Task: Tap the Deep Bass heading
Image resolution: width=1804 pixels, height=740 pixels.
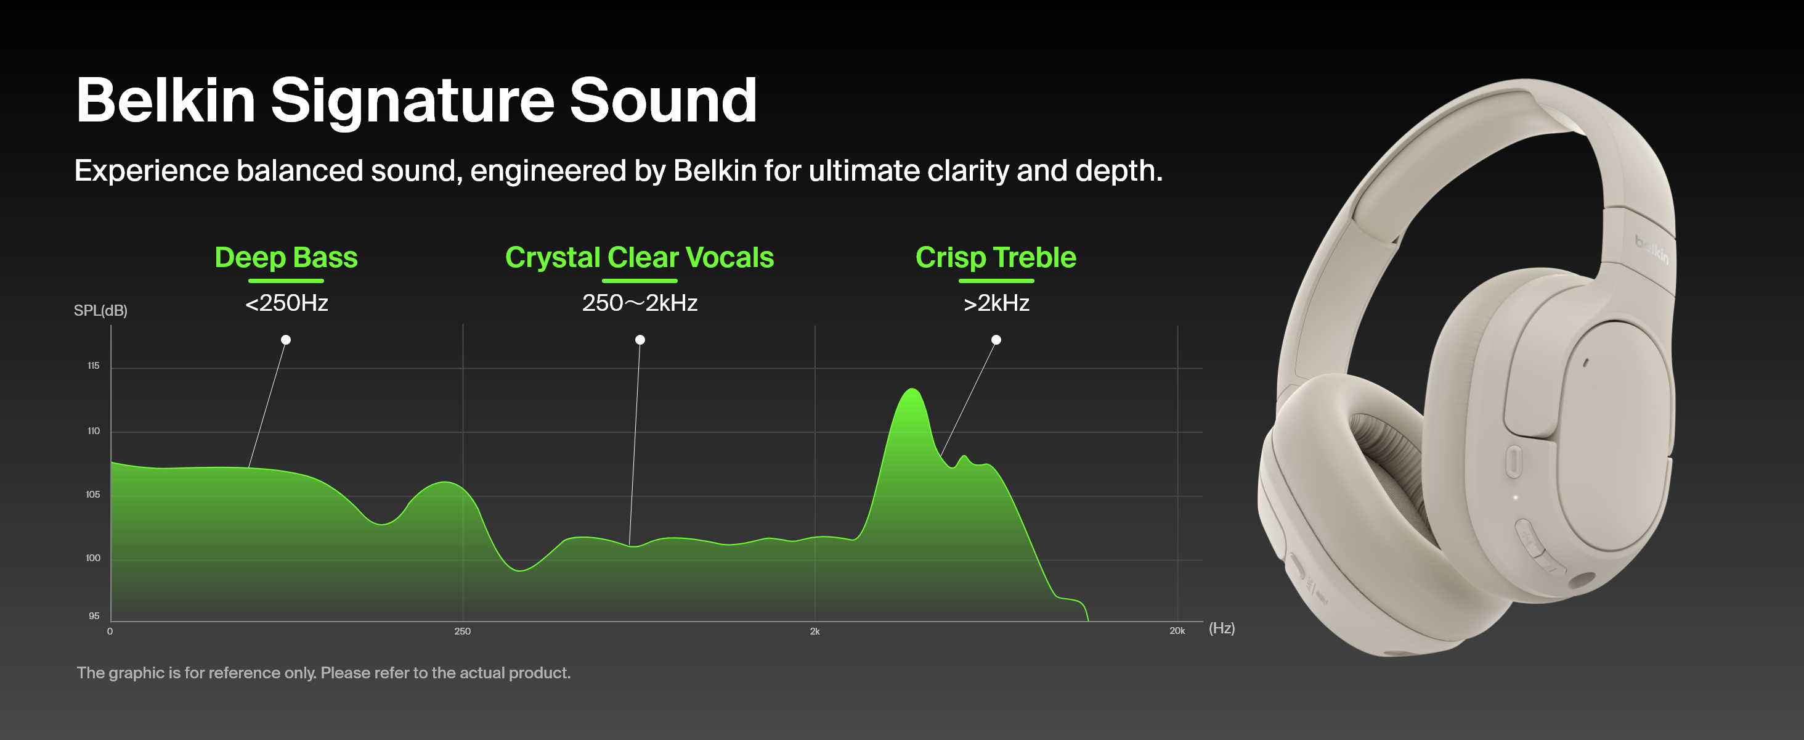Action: tap(286, 258)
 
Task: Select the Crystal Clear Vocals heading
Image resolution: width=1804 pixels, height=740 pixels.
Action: tap(640, 258)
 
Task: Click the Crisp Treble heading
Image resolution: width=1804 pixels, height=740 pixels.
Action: tap(996, 258)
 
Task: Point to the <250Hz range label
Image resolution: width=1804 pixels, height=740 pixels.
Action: tap(286, 303)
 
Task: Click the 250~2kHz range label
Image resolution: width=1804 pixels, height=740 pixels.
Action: tap(640, 303)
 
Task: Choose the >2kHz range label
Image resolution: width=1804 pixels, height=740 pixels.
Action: tap(996, 303)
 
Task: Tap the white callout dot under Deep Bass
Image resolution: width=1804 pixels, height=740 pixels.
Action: tap(286, 340)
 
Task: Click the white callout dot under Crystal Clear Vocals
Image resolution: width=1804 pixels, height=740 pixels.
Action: tap(640, 340)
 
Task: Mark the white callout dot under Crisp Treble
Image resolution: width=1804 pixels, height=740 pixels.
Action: tap(996, 340)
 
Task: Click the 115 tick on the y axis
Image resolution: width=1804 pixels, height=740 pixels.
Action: tap(93, 366)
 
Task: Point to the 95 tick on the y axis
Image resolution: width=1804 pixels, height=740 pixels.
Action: tap(94, 616)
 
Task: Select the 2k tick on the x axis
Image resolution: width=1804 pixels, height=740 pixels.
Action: tap(815, 631)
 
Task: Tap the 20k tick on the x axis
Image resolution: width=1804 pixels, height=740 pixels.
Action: tap(1177, 631)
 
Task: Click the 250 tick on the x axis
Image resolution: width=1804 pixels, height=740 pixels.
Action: tap(462, 631)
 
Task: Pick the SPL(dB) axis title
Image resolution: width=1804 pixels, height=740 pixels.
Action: tap(101, 310)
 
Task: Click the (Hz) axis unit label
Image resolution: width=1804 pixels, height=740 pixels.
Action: tap(1221, 628)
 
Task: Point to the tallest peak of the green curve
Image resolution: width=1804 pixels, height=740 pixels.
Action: tap(912, 389)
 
